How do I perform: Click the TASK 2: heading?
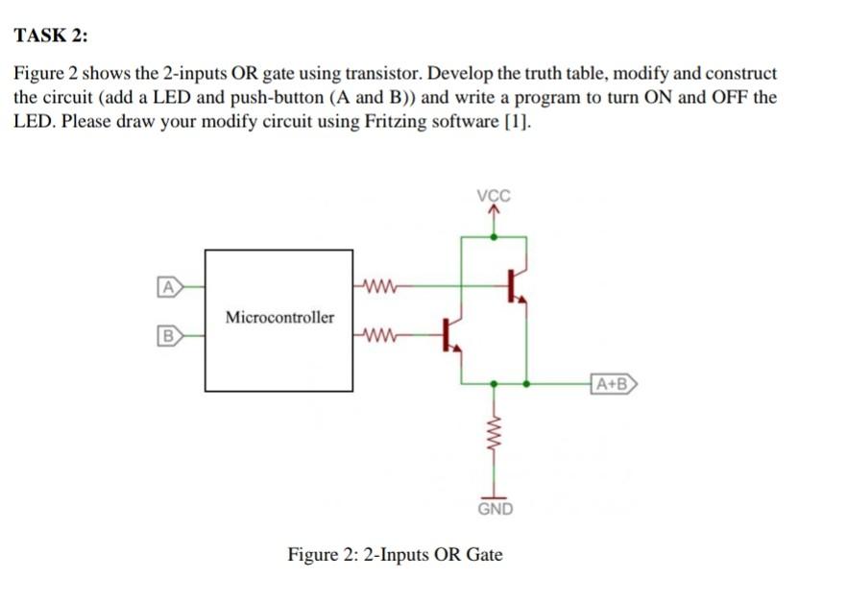50,36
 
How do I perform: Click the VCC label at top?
494,197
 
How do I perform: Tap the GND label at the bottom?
495,509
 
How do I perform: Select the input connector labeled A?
169,285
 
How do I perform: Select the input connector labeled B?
169,336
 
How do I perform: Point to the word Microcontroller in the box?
279,317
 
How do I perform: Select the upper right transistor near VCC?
515,285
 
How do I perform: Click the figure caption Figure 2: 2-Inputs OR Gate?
395,555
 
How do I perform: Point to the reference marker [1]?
516,123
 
